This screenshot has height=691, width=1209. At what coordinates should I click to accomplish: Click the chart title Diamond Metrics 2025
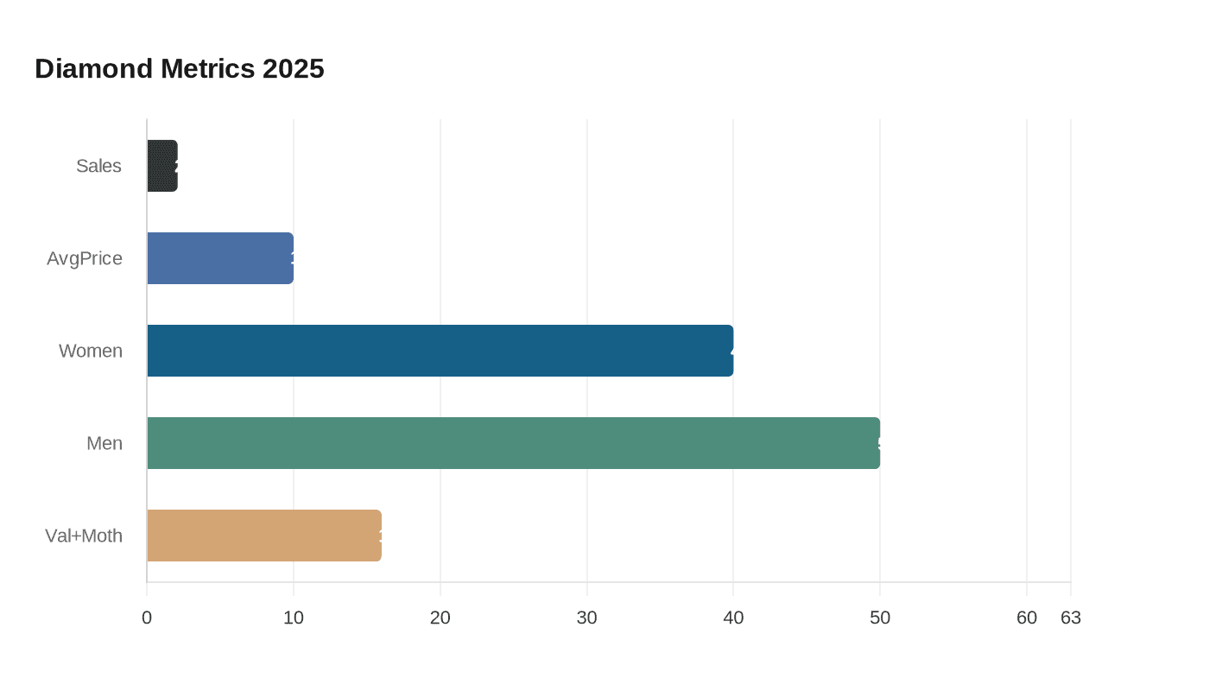point(180,69)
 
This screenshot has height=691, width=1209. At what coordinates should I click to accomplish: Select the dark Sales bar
point(162,166)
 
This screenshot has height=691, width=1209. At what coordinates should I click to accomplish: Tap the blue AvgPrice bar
point(220,258)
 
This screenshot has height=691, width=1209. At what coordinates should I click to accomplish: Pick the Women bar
point(440,351)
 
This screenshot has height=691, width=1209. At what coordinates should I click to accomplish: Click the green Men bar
point(514,443)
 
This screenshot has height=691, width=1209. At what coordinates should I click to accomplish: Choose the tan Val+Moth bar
point(264,536)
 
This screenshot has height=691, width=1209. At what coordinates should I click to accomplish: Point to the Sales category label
point(98,166)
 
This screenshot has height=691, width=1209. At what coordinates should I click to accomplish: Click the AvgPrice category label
point(85,258)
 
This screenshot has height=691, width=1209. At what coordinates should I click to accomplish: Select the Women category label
point(91,351)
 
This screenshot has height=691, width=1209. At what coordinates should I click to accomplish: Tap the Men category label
point(104,443)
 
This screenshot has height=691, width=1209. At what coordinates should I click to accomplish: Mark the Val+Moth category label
point(84,536)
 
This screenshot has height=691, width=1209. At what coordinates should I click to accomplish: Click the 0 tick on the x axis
point(147,618)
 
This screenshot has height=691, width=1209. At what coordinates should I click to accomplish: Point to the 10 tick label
point(294,618)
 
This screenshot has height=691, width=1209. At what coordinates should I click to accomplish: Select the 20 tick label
point(440,618)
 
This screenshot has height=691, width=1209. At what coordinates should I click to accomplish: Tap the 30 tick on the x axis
point(587,618)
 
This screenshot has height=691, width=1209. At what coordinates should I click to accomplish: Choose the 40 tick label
point(733,618)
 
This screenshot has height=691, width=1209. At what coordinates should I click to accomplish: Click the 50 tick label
point(880,618)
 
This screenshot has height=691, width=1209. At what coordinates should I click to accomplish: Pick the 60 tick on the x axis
point(1027,618)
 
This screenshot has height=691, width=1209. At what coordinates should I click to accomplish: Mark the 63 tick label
point(1071,618)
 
